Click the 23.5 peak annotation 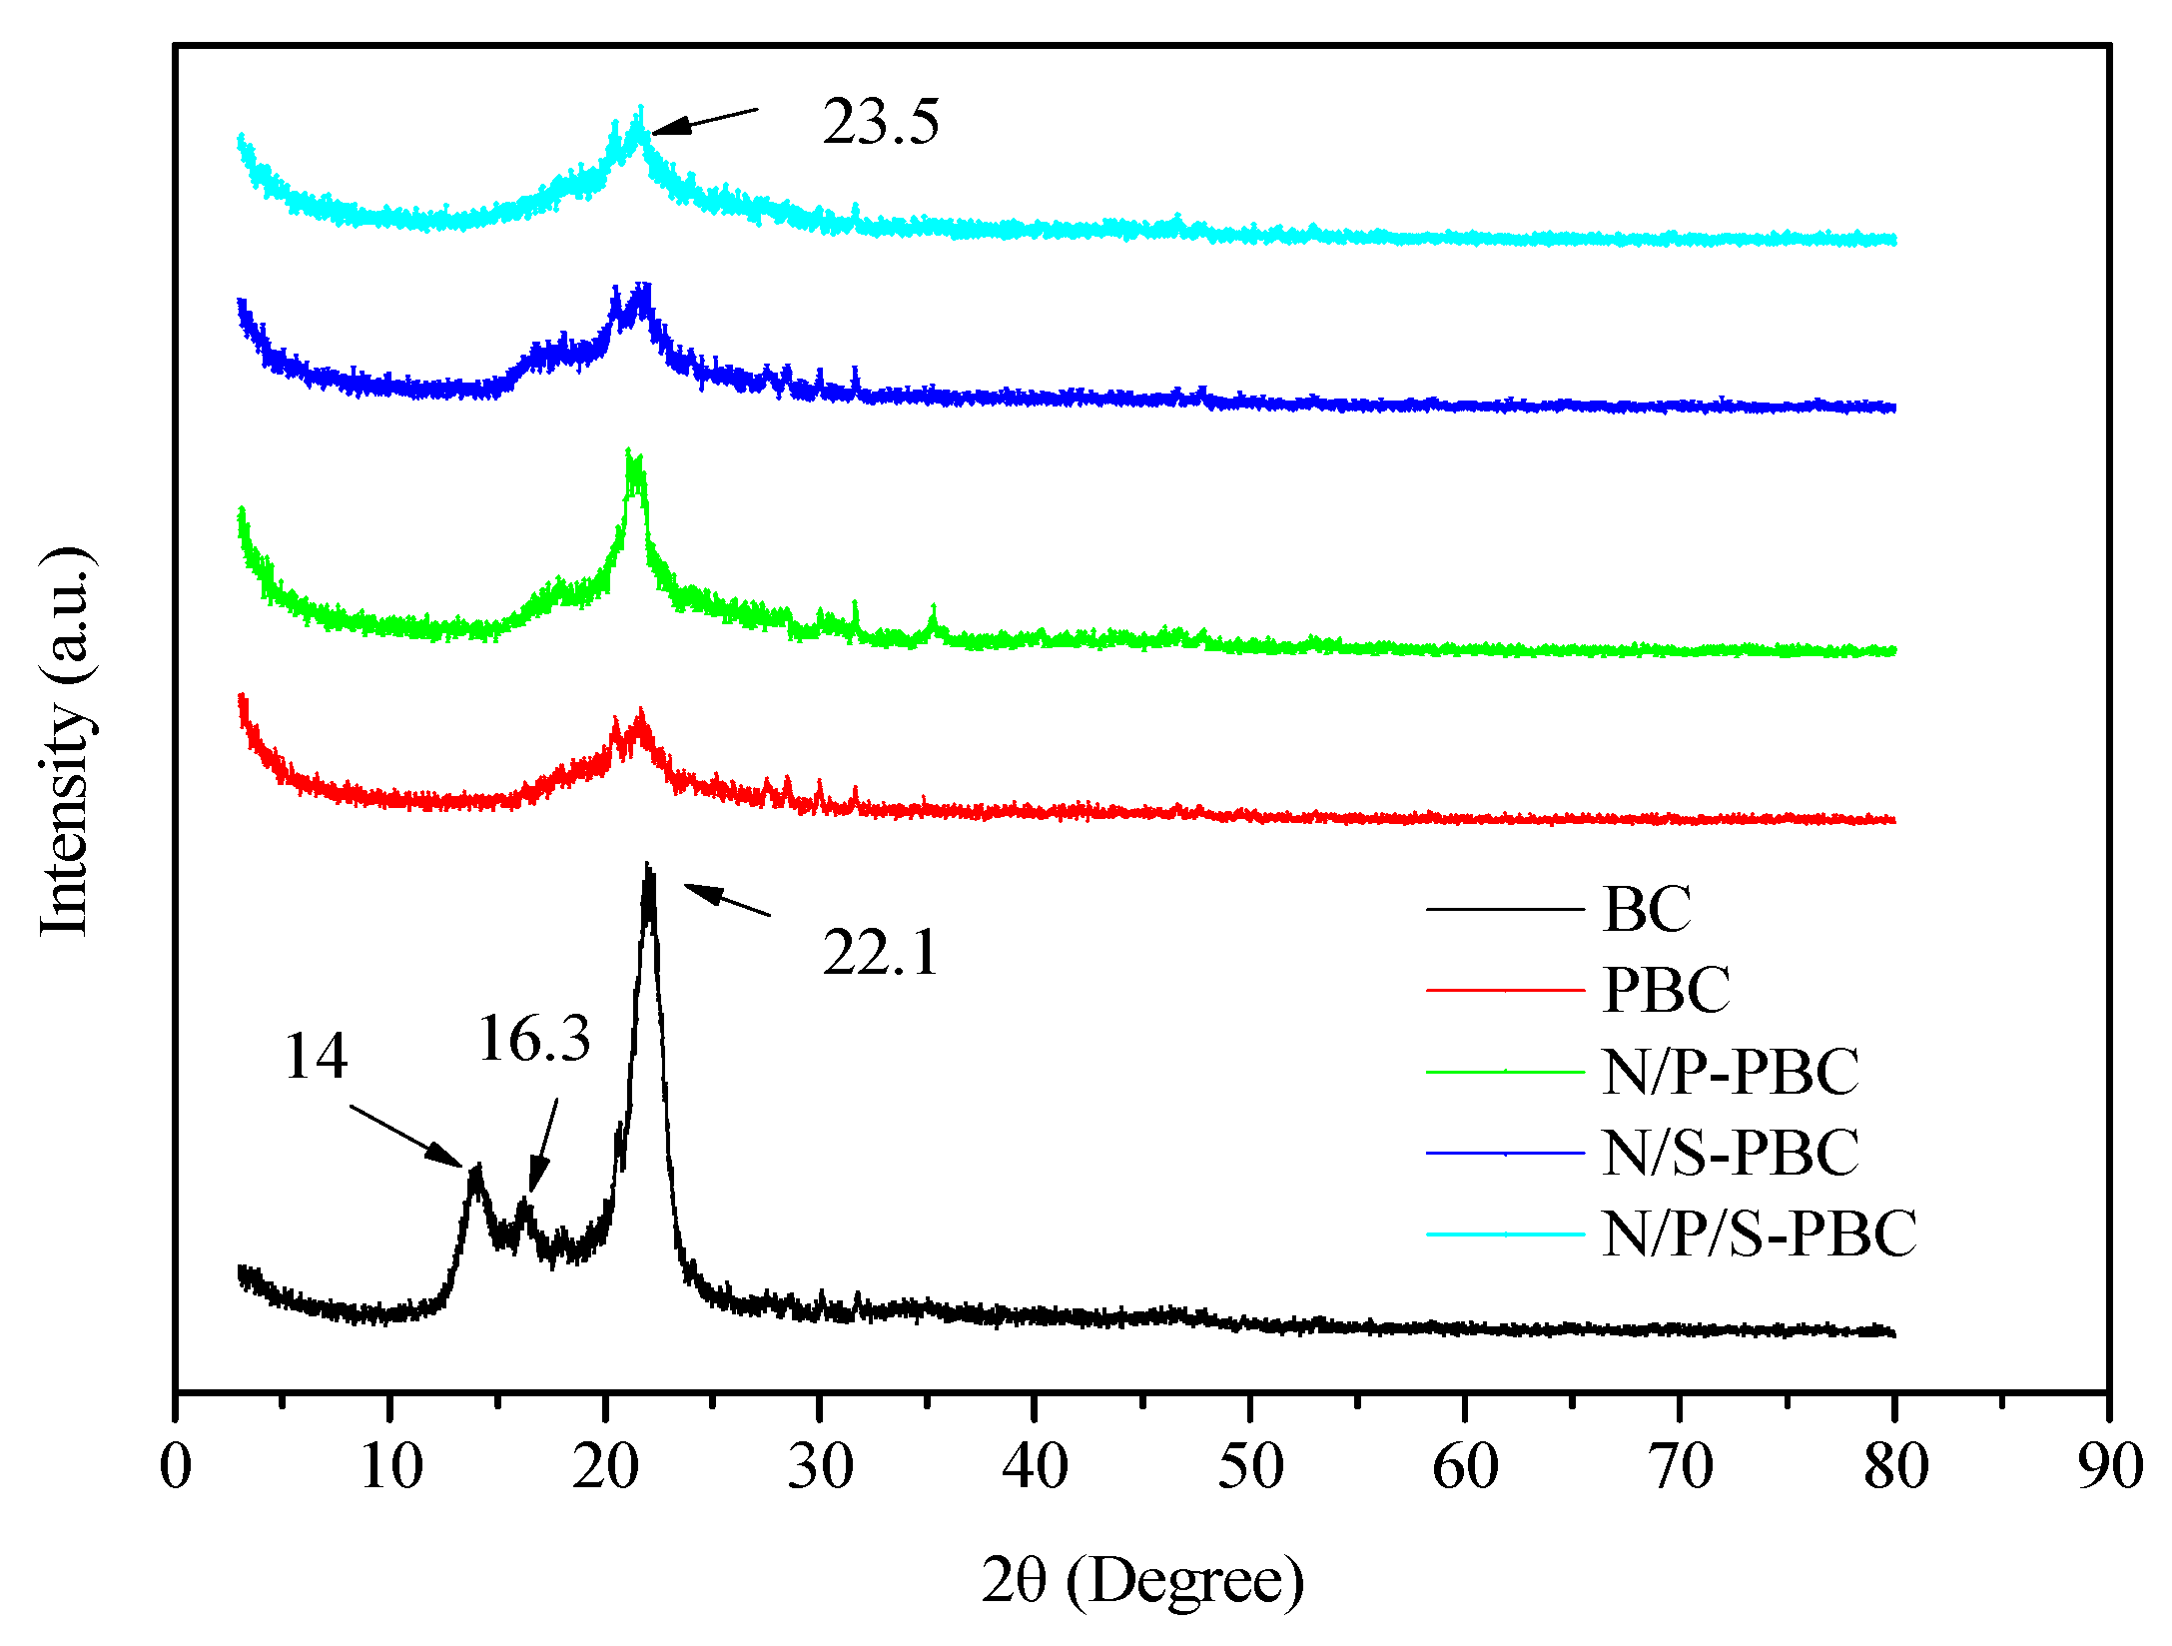coord(880,122)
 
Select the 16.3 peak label coord(534,1039)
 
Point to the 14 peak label coord(316,1056)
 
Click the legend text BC coord(1647,909)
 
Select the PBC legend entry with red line coord(1666,990)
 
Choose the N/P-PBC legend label coord(1730,1072)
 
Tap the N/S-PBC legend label coord(1730,1153)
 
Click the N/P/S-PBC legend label coord(1759,1234)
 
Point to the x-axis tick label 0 coord(176,1467)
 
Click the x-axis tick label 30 coord(820,1467)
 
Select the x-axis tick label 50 coord(1249,1467)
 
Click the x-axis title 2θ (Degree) coord(1141,1580)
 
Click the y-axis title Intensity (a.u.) coord(66,742)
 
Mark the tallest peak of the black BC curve coord(648,867)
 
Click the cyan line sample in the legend coord(1505,1234)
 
